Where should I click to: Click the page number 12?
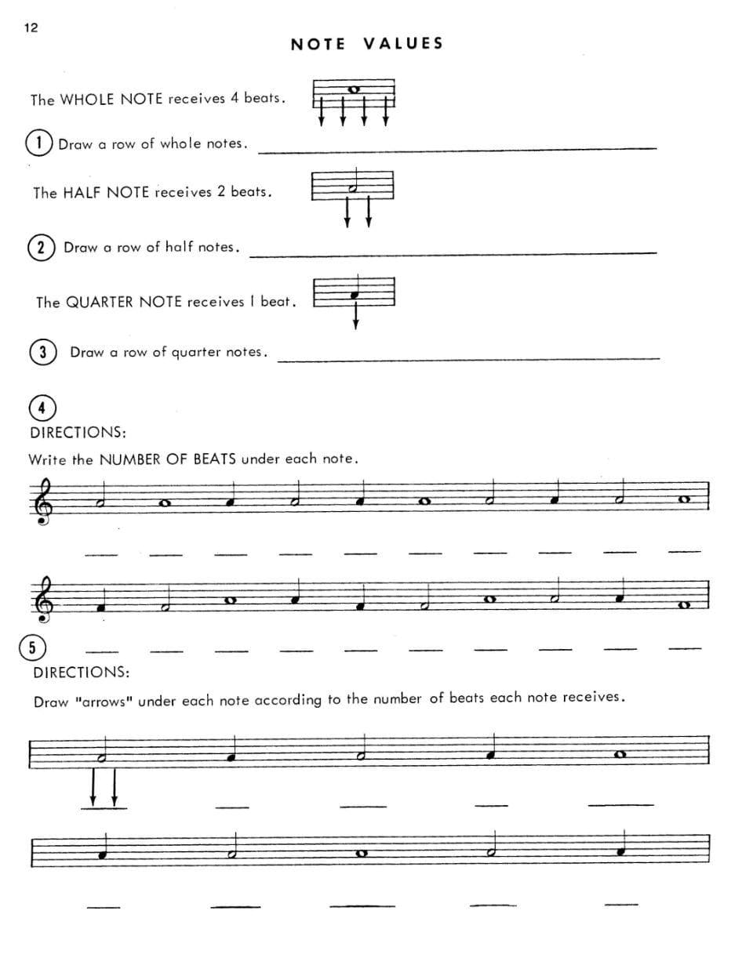[x=31, y=28]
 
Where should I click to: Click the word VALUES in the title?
[x=403, y=44]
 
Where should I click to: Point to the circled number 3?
[x=43, y=352]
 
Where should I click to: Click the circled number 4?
[x=42, y=408]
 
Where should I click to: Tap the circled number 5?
[x=32, y=647]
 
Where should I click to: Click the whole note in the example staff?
[x=354, y=89]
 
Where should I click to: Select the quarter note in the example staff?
[x=355, y=295]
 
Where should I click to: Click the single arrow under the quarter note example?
[x=355, y=316]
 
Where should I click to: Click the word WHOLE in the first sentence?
[x=87, y=100]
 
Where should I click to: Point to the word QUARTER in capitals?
[x=100, y=302]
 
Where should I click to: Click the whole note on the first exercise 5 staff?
[x=620, y=755]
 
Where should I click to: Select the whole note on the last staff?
[x=362, y=854]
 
